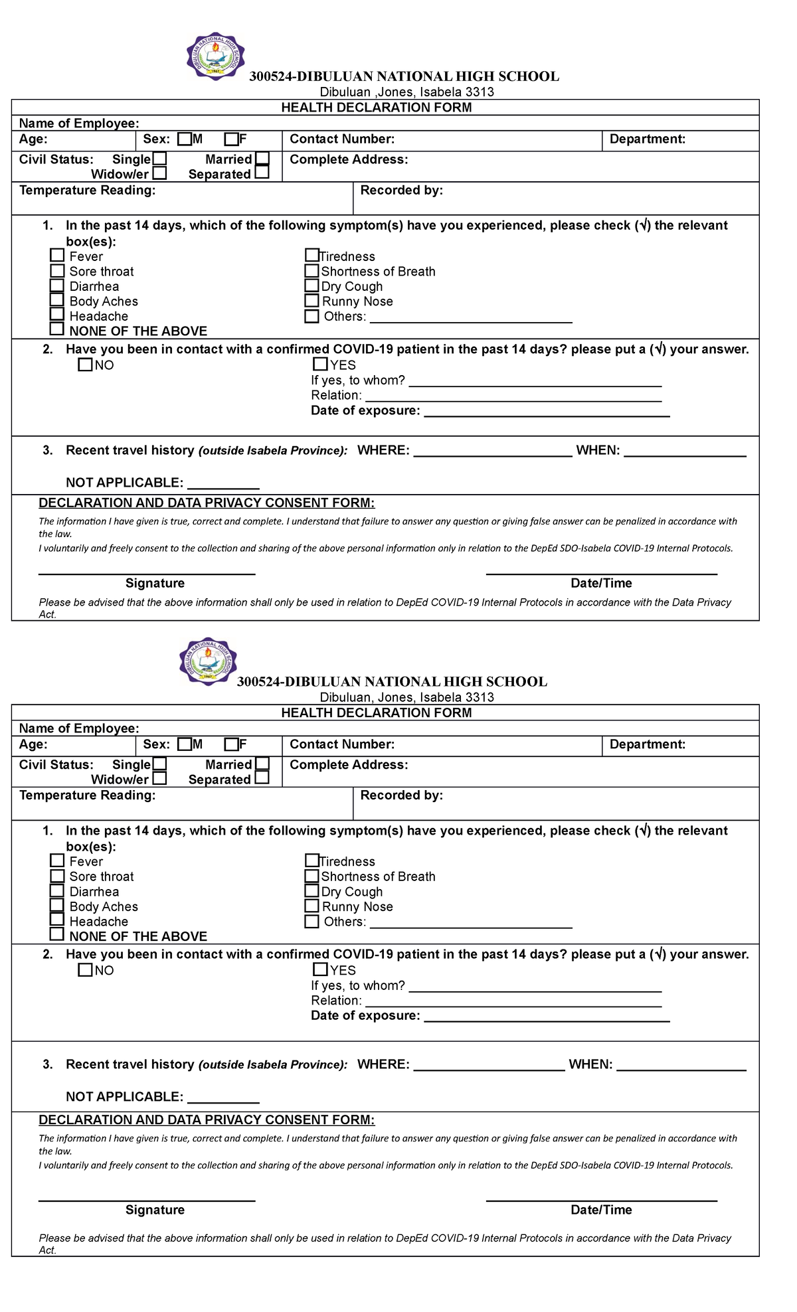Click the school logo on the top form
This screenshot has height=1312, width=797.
coord(215,56)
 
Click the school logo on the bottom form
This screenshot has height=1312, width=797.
coord(208,661)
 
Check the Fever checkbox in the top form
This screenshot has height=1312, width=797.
coord(57,255)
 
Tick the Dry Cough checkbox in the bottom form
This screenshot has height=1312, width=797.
coord(311,890)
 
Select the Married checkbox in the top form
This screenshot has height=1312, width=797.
coord(262,159)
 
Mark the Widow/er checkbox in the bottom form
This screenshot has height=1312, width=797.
coord(159,778)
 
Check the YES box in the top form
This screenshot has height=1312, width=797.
coord(320,364)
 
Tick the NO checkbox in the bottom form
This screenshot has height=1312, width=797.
coord(85,969)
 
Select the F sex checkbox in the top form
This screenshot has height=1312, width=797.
coord(231,139)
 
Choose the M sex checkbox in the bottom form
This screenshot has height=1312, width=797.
coord(185,744)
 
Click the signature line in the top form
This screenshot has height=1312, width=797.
coord(147,572)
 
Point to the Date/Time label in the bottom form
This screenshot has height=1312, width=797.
coord(601,1210)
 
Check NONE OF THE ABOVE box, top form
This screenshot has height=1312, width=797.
coord(57,329)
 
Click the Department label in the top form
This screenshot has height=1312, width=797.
coord(647,139)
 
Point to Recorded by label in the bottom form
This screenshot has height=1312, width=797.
coord(401,795)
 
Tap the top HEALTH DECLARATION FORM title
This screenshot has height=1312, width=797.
coord(376,108)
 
